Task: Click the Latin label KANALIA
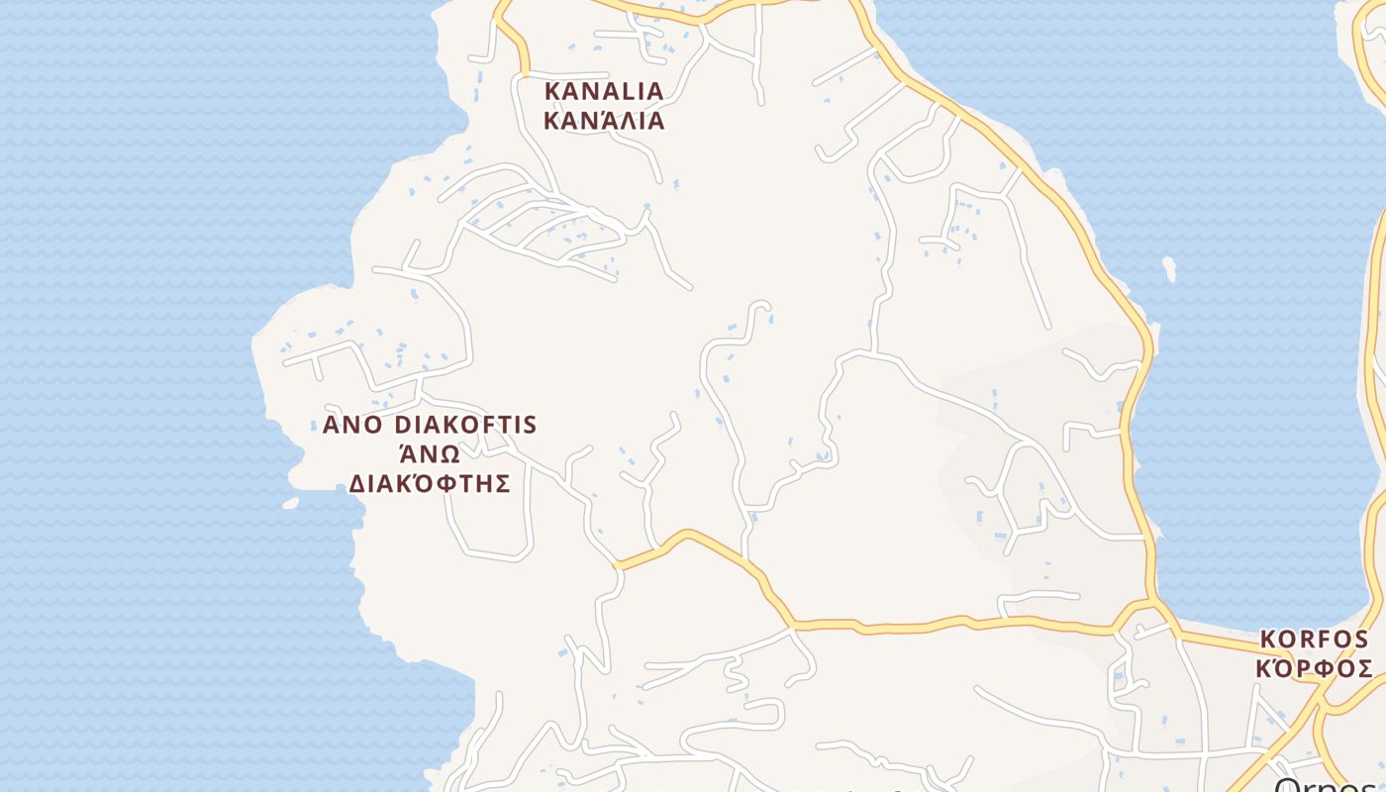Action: coord(604,91)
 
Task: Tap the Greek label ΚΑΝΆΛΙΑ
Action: coord(604,122)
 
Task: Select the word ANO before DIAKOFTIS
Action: coord(351,426)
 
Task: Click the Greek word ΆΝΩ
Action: coord(430,454)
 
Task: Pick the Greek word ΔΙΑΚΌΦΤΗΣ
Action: coord(430,484)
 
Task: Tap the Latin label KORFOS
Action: coord(1314,640)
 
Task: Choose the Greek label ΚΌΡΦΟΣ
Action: coord(1314,669)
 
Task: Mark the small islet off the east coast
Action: coord(1169,268)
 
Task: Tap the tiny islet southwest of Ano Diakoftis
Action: coord(290,503)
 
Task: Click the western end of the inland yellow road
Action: coord(617,565)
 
